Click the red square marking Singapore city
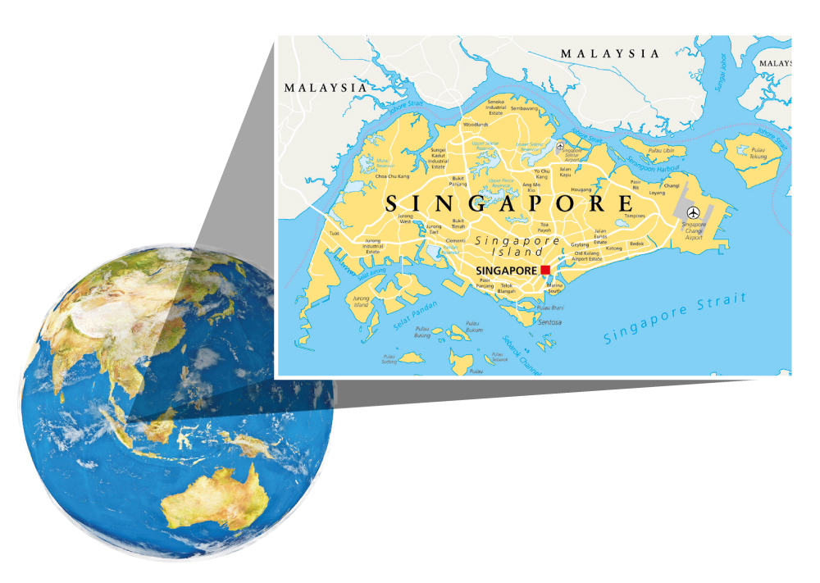coord(544,270)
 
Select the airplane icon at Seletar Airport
coord(560,148)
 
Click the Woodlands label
coord(476,125)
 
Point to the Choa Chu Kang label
coord(392,176)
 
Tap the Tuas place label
coord(334,233)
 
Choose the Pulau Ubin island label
coord(661,151)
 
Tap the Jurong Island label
coord(361,302)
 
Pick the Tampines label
coord(635,216)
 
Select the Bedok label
coord(637,244)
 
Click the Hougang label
coord(581,189)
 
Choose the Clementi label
coord(455,241)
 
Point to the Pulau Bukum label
coord(474,328)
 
